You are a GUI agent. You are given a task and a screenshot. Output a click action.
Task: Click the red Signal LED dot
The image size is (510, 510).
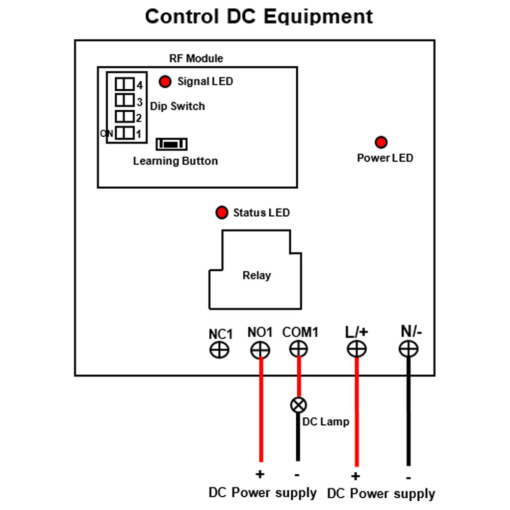click(165, 81)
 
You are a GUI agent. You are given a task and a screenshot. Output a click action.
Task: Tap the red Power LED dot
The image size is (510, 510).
click(381, 142)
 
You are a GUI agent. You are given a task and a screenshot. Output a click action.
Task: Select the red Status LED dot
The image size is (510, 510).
click(221, 212)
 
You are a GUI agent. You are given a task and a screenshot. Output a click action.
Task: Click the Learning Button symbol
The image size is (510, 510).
click(172, 144)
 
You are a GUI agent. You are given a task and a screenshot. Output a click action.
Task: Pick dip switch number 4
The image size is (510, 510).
click(124, 84)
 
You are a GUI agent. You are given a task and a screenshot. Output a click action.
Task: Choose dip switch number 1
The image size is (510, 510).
click(124, 133)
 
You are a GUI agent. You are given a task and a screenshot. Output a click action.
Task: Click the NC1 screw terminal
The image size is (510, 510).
click(219, 350)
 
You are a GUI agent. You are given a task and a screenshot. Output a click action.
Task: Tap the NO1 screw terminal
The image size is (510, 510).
click(260, 350)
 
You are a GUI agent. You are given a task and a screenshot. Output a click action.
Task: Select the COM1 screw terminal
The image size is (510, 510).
click(298, 349)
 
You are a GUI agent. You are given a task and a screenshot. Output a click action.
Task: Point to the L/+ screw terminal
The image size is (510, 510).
click(357, 349)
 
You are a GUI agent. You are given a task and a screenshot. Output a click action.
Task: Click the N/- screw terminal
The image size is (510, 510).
click(409, 349)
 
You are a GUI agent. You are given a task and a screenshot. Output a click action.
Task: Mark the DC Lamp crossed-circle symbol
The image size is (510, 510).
click(298, 405)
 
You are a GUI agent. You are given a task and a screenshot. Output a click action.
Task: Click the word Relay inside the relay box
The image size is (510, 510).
click(257, 275)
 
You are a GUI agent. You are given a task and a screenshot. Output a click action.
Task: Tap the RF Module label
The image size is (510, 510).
click(196, 58)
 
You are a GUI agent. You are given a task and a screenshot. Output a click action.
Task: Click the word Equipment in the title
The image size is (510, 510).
click(318, 16)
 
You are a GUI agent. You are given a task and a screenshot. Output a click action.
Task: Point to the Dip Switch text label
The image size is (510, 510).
click(177, 106)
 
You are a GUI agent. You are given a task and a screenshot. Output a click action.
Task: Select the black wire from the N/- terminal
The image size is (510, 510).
click(409, 412)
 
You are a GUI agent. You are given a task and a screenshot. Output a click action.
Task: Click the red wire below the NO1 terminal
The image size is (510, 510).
click(261, 410)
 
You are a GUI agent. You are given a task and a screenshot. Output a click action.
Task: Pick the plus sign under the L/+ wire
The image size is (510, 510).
click(355, 476)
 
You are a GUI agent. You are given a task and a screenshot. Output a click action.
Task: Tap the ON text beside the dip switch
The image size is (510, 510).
click(107, 133)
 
